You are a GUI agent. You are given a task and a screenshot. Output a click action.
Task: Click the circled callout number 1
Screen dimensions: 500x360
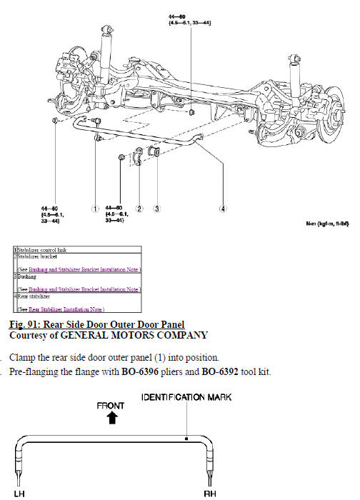(x=94, y=209)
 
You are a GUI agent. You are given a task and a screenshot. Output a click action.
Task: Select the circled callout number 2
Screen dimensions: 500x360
(x=140, y=209)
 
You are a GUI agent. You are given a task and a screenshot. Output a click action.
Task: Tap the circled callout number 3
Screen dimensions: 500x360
(x=156, y=209)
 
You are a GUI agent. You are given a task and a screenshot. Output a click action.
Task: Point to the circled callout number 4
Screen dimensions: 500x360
(x=224, y=209)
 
